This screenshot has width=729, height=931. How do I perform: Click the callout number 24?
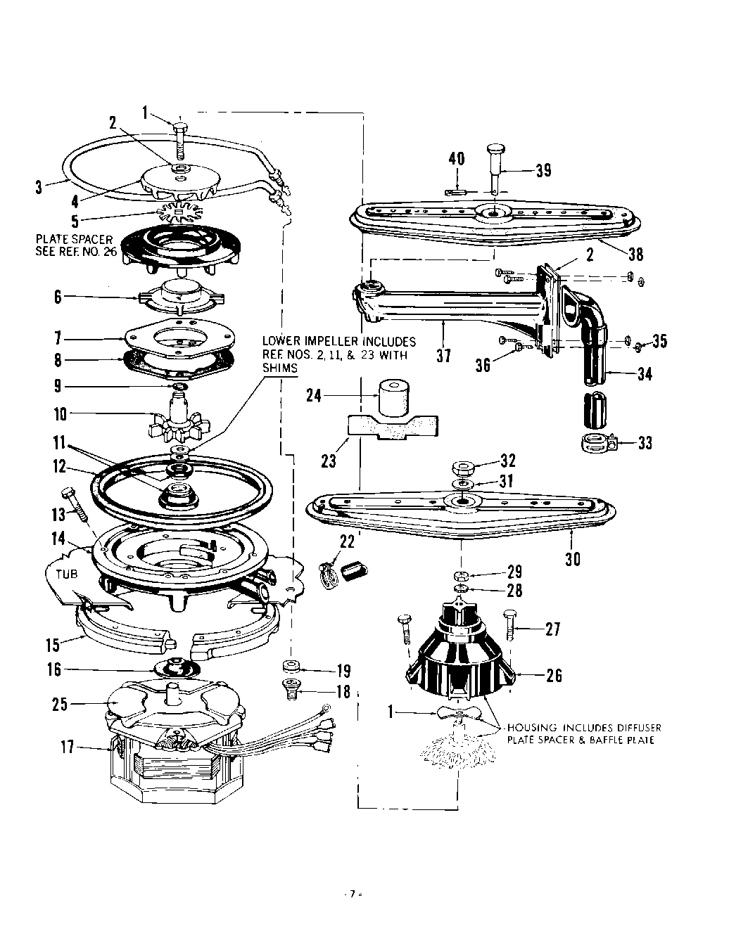pos(314,395)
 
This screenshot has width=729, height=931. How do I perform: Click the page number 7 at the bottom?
pos(351,895)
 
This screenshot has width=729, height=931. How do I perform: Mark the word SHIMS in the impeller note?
pos(278,368)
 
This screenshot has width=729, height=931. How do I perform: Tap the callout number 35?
pos(659,342)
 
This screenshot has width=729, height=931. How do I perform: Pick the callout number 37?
pos(443,355)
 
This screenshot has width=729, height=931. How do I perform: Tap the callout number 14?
pos(59,539)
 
